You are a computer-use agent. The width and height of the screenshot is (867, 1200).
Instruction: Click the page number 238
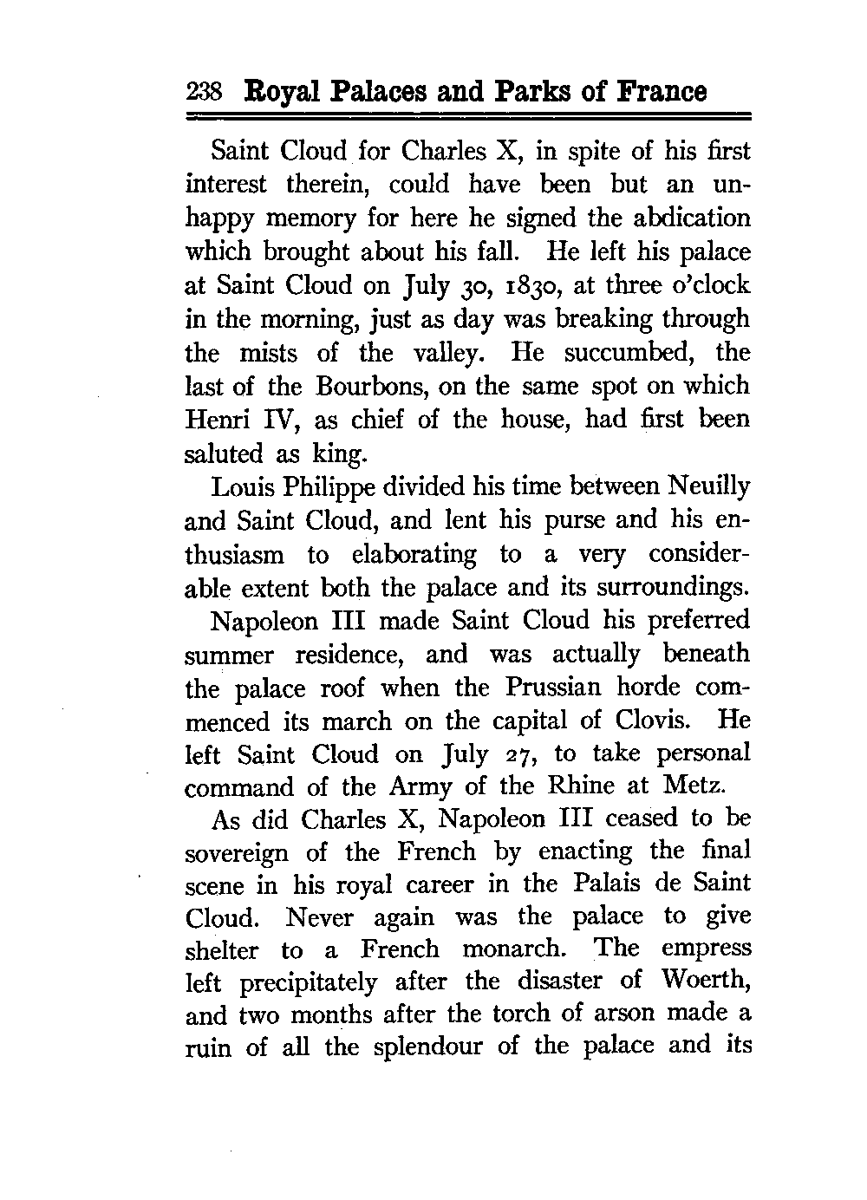205,92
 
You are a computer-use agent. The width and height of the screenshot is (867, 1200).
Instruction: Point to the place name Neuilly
710,486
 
